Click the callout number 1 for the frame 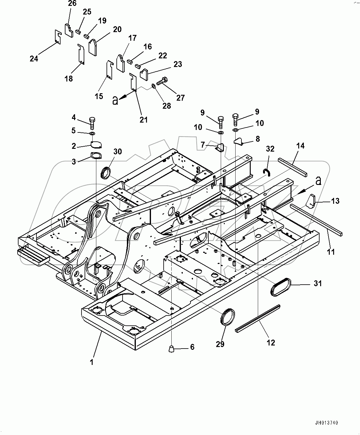tap(92, 362)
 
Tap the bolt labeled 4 tap(92, 123)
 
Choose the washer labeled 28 tap(153, 86)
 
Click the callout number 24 tap(34, 58)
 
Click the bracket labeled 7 tap(220, 148)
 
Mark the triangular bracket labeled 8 tap(238, 141)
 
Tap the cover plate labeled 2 tap(96, 144)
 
